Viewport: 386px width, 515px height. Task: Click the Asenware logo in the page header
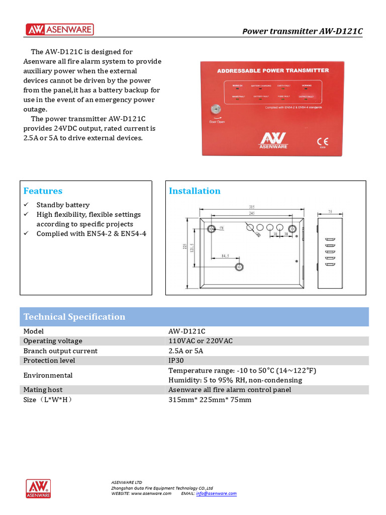[60, 30]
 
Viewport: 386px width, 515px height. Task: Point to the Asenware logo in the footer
[39, 488]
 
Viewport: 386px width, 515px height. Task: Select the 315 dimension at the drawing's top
[251, 207]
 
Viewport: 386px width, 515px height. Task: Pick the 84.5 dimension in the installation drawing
[225, 256]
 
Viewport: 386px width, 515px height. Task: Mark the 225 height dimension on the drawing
[184, 247]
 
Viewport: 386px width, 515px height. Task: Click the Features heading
[43, 191]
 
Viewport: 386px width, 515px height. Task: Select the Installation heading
[195, 191]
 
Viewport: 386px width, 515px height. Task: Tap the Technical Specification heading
[74, 317]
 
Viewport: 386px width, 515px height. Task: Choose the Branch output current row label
[60, 351]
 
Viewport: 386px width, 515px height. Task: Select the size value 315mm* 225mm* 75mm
[210, 400]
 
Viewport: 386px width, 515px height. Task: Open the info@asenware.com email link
[216, 493]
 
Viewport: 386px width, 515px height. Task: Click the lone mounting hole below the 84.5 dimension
[240, 267]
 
